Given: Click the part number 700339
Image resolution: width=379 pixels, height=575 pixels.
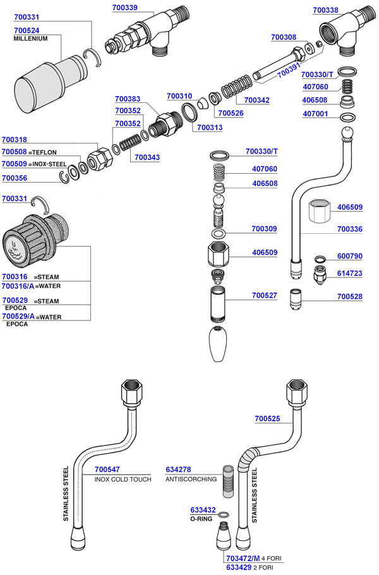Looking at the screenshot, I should click(126, 8).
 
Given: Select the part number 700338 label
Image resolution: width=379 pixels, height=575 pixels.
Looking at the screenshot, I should click(326, 10).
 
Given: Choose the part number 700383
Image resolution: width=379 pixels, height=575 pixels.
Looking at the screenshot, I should click(128, 99).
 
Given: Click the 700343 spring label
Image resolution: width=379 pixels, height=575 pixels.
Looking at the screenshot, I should click(147, 157).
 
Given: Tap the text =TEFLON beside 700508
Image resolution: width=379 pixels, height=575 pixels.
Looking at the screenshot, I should click(43, 152).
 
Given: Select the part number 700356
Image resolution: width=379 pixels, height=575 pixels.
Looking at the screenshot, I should click(15, 178).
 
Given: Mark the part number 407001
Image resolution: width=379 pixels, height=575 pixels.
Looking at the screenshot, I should click(316, 114).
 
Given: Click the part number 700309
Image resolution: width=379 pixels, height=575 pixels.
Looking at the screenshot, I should click(264, 229).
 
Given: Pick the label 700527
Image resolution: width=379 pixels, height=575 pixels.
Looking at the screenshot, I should click(264, 295).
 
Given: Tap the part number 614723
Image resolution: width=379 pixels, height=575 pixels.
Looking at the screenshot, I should click(349, 273).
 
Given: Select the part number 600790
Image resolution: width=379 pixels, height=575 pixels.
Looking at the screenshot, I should click(349, 256).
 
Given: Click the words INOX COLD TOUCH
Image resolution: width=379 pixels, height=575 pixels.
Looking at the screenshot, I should click(123, 479).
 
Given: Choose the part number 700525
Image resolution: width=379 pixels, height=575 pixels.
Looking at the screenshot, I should click(267, 418).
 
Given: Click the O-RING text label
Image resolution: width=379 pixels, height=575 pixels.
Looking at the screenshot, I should click(203, 519).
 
